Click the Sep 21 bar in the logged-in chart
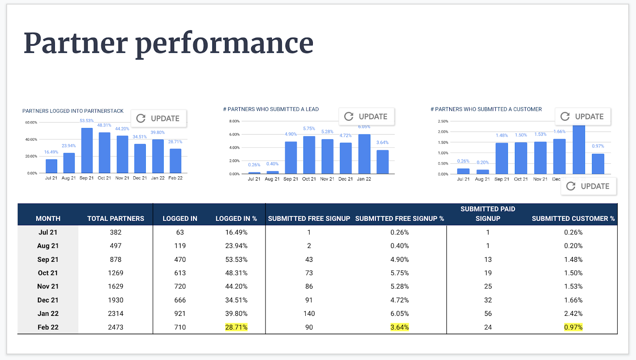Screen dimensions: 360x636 (x=87, y=151)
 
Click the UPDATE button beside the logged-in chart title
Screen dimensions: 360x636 (x=159, y=118)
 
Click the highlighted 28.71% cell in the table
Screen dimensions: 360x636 (x=236, y=327)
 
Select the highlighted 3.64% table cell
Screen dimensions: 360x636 (x=399, y=327)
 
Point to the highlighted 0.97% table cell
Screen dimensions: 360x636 (x=573, y=327)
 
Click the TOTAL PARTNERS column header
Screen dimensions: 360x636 (x=116, y=219)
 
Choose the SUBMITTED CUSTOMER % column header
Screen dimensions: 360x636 (x=573, y=219)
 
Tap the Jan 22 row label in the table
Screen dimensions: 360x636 (x=48, y=314)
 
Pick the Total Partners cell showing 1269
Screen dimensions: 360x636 (x=116, y=273)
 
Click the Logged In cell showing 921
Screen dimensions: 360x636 (x=180, y=314)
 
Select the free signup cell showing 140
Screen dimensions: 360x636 (x=309, y=314)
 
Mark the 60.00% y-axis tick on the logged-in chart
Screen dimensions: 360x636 (x=31, y=122)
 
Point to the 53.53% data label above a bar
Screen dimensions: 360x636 (x=86, y=121)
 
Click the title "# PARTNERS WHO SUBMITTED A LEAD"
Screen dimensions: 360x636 (x=271, y=109)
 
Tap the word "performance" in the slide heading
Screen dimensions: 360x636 (x=224, y=44)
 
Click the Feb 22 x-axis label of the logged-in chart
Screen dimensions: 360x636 (x=175, y=178)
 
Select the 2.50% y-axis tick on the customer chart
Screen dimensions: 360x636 (x=443, y=121)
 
